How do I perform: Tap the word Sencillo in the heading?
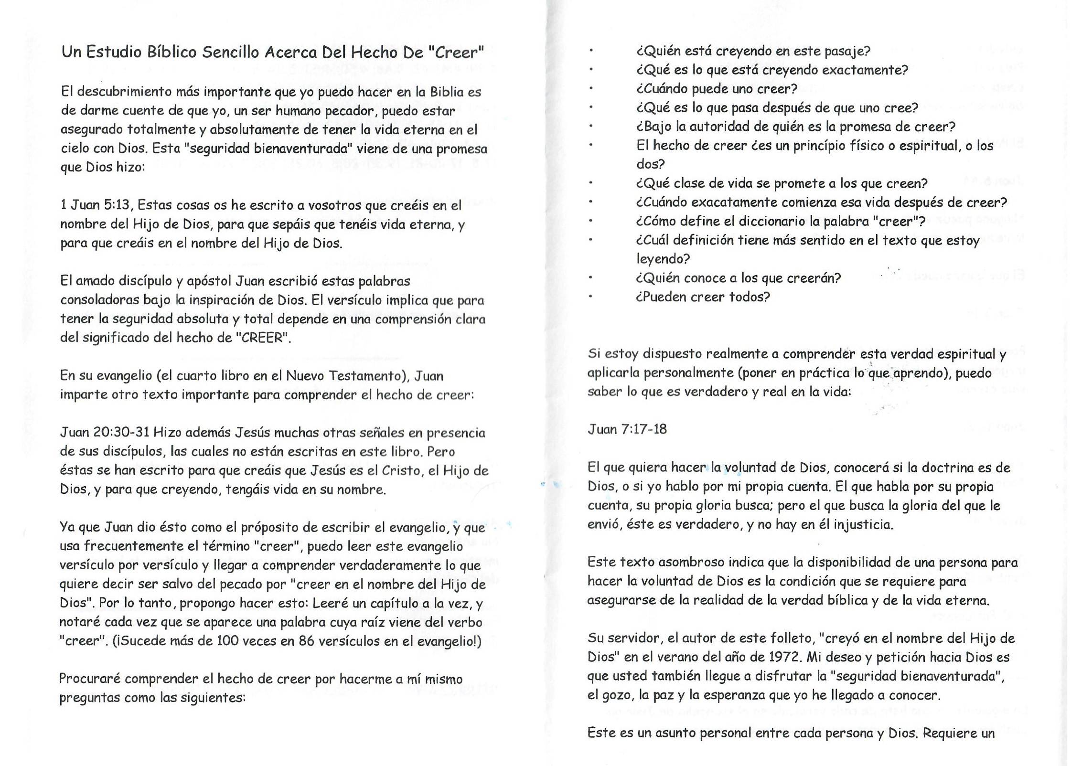230,52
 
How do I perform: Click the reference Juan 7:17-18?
627,429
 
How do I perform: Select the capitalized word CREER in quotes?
262,338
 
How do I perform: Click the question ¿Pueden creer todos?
703,297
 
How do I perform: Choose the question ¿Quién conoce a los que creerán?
738,277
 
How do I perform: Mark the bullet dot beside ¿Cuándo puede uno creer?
591,89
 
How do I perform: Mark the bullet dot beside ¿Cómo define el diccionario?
591,221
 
